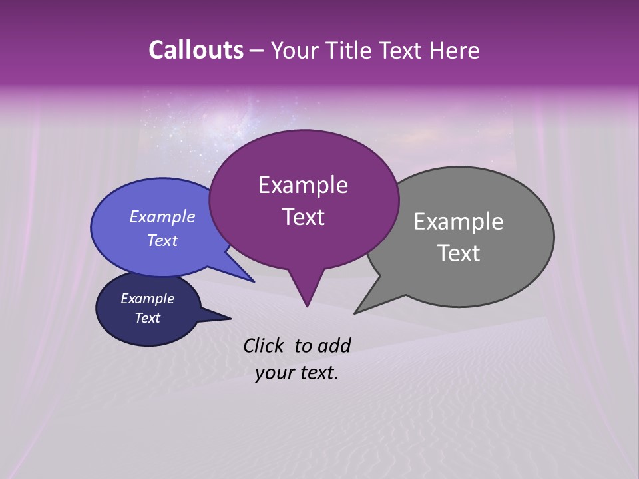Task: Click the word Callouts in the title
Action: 196,50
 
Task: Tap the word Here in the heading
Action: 454,50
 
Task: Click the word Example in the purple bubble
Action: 303,185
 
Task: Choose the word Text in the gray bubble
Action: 459,253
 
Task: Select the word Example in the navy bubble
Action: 147,299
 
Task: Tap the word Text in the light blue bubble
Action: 162,240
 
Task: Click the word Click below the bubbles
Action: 264,345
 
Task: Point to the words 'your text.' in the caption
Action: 297,373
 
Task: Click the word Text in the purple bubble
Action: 303,217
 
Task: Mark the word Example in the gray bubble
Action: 459,222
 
